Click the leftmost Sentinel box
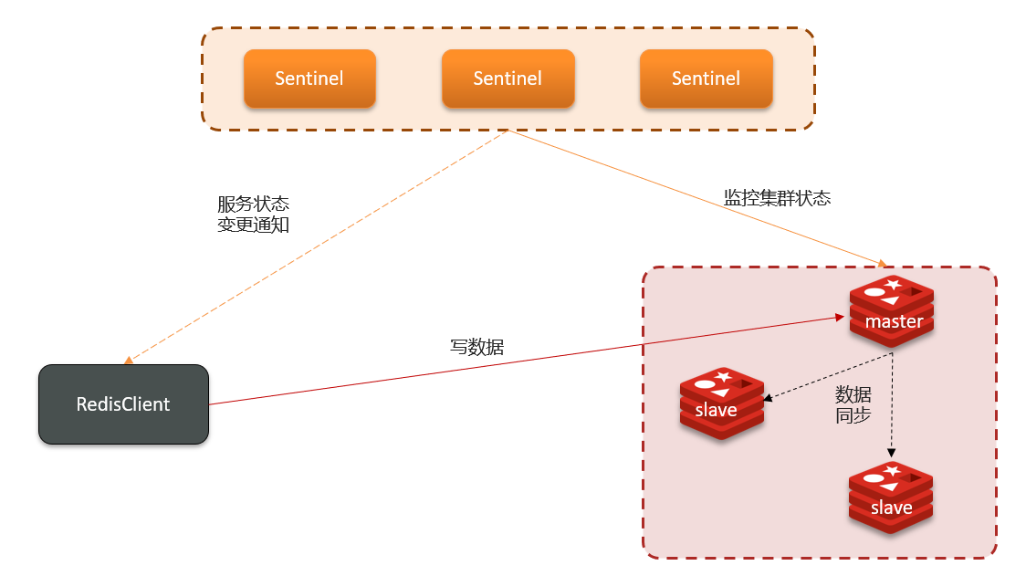(309, 79)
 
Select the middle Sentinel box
(508, 79)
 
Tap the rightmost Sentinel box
(706, 79)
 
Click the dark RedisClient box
(123, 403)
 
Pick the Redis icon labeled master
(892, 310)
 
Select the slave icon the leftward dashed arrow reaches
(722, 404)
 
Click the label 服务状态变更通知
(253, 214)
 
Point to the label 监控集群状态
(777, 198)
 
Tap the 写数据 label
(476, 347)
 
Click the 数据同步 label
(853, 404)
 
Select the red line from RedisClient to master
(525, 361)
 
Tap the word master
(894, 321)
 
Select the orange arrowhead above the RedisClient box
(129, 361)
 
